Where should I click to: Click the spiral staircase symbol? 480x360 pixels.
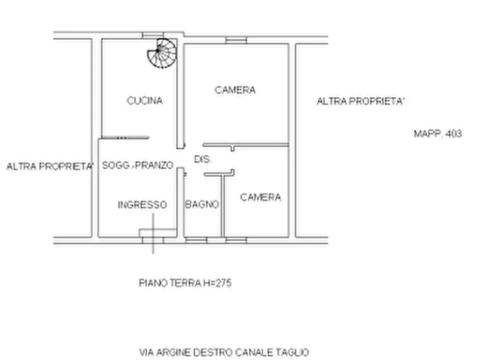[162, 53]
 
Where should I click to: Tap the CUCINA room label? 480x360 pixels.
[145, 100]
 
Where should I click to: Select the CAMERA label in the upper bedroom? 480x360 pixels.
[235, 90]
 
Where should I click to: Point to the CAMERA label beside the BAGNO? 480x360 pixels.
[260, 197]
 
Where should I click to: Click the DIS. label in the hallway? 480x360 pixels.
[203, 160]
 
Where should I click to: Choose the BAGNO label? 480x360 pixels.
[202, 205]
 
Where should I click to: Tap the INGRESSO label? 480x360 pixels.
[142, 205]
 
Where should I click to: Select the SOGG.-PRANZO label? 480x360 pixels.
[138, 165]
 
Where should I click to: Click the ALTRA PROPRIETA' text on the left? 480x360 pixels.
[51, 167]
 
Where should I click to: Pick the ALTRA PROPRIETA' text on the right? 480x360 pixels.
[360, 101]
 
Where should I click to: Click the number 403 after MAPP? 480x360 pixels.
[453, 134]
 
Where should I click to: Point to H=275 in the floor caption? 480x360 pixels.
[217, 283]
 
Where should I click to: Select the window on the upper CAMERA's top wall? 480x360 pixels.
[236, 40]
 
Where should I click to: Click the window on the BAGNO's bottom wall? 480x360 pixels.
[196, 240]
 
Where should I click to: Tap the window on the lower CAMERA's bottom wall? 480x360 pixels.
[236, 240]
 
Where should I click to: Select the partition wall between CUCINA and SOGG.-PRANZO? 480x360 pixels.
[125, 138]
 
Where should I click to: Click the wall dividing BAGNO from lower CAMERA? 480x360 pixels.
[222, 207]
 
